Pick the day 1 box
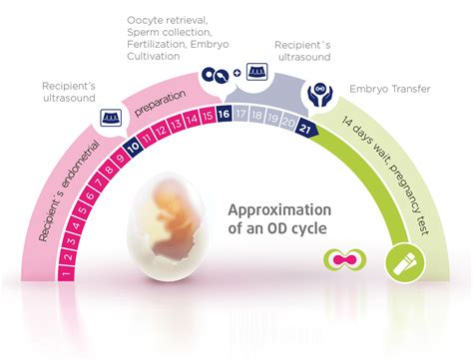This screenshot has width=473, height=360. (x=66, y=270)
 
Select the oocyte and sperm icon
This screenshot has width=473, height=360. (x=213, y=75)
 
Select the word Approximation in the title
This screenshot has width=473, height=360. (x=278, y=210)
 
